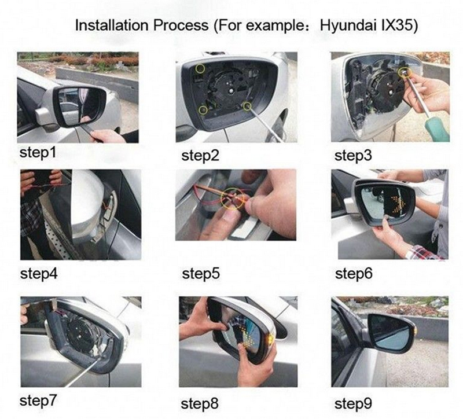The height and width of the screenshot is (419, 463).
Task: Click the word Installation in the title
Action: click(112, 25)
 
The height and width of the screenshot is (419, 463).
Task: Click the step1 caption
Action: click(38, 153)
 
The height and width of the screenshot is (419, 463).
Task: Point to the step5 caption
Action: click(201, 273)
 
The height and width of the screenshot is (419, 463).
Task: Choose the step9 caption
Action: click(353, 403)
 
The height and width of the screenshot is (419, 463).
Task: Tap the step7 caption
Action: click(38, 400)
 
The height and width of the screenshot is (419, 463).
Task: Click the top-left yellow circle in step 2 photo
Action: click(200, 68)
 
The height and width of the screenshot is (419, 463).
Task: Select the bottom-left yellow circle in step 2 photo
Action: click(203, 110)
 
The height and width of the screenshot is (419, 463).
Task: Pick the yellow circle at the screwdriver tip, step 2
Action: click(247, 106)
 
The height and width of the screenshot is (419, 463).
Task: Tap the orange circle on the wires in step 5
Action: click(233, 198)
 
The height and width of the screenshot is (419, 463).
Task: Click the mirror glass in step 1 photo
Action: click(80, 104)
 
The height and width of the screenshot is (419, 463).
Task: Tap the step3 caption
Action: click(353, 156)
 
